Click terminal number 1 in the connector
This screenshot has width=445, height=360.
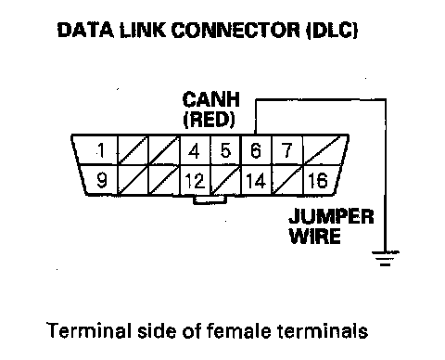[x=101, y=151]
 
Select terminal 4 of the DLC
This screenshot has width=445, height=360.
[x=194, y=151]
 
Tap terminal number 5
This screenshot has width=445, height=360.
[x=225, y=151]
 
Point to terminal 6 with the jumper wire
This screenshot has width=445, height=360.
[x=256, y=151]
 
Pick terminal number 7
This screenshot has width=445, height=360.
[x=287, y=150]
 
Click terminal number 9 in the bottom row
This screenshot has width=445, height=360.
[x=102, y=180]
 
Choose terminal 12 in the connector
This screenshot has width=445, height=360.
[x=195, y=181]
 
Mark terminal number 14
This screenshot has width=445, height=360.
[x=256, y=181]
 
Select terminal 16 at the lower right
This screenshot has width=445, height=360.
[x=318, y=181]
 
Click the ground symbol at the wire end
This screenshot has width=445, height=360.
[x=385, y=259]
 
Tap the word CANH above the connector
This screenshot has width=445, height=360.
[x=211, y=99]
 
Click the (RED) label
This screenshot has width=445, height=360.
[x=210, y=120]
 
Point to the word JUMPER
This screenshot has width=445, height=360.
[x=332, y=216]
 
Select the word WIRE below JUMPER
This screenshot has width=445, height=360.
[x=315, y=236]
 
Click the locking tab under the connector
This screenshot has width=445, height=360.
[x=210, y=200]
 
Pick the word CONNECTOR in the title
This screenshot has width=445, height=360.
[x=235, y=31]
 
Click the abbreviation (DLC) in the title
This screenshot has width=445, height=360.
[x=332, y=31]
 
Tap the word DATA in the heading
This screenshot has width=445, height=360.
[x=85, y=30]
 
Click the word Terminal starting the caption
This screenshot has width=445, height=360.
[x=90, y=330]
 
